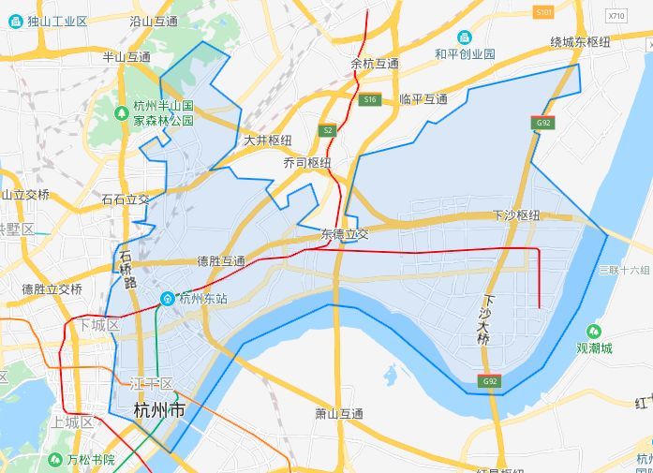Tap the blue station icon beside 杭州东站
click(167, 299)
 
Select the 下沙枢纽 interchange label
click(516, 215)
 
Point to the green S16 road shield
click(370, 99)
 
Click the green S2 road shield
click(326, 130)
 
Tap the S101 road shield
click(542, 12)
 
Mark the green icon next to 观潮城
click(594, 332)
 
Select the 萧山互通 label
click(338, 413)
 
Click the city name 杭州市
click(159, 409)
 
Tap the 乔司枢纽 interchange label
click(307, 162)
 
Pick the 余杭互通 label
click(375, 64)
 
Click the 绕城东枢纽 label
click(580, 42)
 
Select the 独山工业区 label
click(55, 21)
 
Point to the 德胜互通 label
click(221, 260)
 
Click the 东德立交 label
click(344, 233)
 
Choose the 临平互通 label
click(423, 98)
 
